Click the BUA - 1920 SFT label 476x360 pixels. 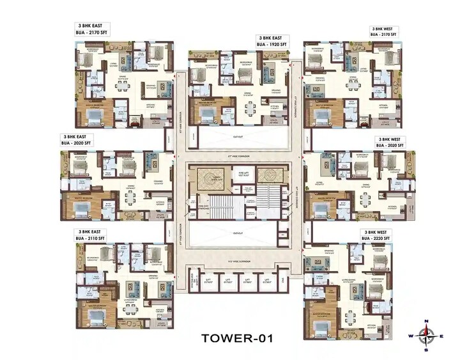click(273, 45)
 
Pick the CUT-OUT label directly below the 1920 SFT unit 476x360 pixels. click(238, 136)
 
